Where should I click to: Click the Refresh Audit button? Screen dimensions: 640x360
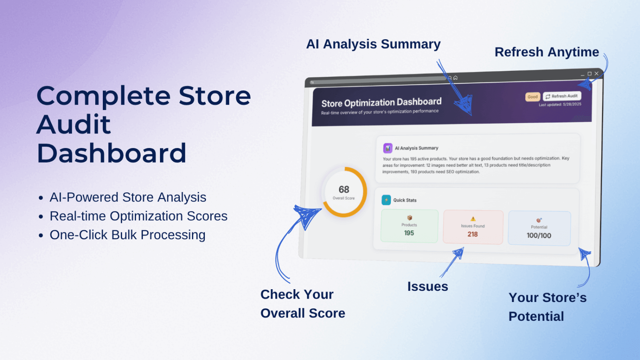point(562,96)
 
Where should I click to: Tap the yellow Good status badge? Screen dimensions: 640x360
point(532,97)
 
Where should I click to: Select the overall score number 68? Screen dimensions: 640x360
point(344,189)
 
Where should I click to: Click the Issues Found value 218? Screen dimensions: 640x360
point(473,234)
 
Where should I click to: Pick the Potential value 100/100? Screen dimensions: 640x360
point(539,235)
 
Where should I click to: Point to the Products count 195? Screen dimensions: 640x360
point(409,233)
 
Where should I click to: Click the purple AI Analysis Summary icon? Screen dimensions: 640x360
point(388,148)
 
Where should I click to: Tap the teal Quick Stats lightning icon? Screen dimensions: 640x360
point(386,200)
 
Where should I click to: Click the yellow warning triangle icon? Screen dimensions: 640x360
point(473,219)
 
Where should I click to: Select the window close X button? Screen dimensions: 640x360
point(596,73)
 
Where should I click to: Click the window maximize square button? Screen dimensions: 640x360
point(589,74)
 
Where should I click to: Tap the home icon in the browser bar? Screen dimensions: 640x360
point(455,78)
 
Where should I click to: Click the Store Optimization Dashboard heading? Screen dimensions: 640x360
point(381,102)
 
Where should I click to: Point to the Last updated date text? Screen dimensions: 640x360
point(560,105)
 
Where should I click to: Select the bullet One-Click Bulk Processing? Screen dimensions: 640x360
point(128,235)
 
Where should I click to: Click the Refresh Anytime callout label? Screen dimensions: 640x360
point(547,52)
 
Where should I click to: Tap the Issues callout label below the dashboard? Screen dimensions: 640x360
point(428,287)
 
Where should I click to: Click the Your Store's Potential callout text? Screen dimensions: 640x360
point(547,307)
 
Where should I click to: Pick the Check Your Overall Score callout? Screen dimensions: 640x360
point(303,304)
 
